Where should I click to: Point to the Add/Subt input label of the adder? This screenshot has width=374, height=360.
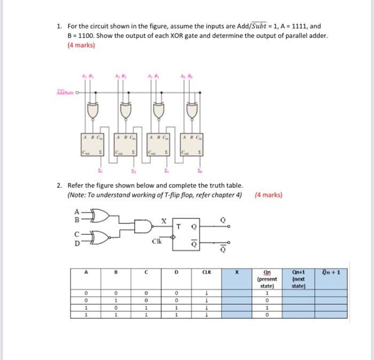click(63, 93)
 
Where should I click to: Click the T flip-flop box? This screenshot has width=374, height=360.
click(185, 232)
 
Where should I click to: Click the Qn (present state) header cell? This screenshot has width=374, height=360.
click(265, 279)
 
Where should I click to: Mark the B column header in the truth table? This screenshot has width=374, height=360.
click(114, 272)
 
